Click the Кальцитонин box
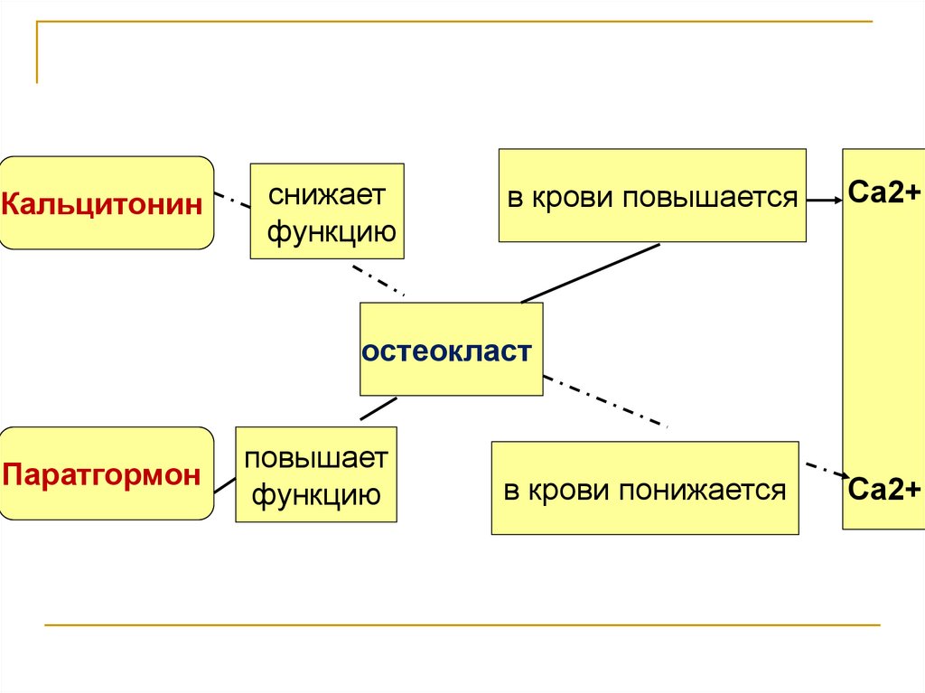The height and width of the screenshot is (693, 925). [x=107, y=202]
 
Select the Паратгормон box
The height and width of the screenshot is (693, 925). [x=107, y=473]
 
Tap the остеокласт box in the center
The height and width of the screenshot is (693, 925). [x=451, y=350]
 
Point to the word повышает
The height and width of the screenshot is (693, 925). [x=315, y=457]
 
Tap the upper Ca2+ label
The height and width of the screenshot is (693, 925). [x=883, y=192]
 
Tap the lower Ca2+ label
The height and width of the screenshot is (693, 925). [x=883, y=491]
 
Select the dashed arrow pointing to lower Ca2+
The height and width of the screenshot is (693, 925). [x=824, y=471]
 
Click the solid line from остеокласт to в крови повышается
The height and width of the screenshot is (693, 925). [x=591, y=272]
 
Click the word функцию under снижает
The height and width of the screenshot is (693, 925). [x=331, y=232]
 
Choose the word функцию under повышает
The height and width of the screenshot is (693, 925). [x=315, y=495]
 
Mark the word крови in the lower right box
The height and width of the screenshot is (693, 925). [x=569, y=491]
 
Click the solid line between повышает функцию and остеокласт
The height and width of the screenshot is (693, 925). [x=378, y=408]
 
